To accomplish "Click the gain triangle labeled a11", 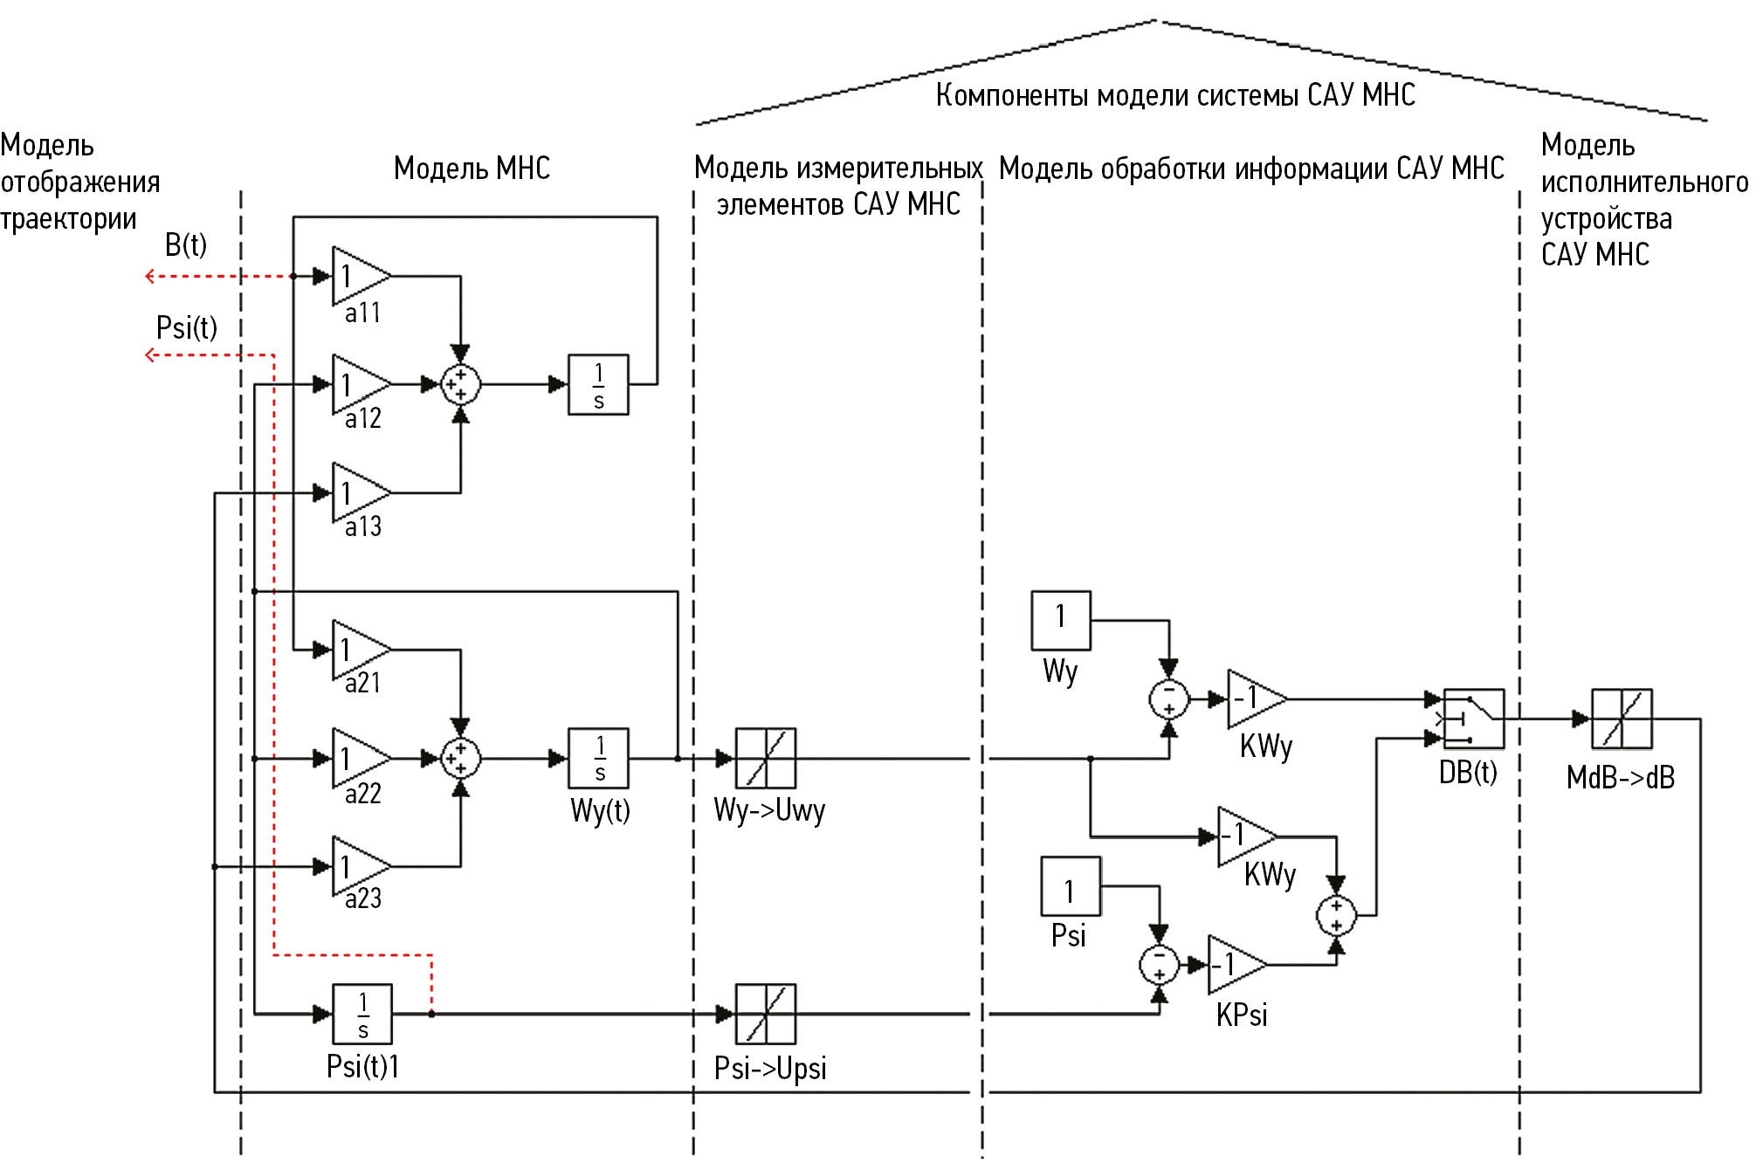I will pyautogui.click(x=358, y=276).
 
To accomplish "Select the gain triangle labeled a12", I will pyautogui.click(x=358, y=384).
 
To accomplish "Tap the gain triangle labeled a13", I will pyautogui.click(x=358, y=492).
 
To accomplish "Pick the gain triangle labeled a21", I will pyautogui.click(x=358, y=650).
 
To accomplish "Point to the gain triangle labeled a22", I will pyautogui.click(x=358, y=758).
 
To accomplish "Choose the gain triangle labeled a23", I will pyautogui.click(x=358, y=866).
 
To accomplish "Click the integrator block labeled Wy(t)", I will pyautogui.click(x=598, y=758).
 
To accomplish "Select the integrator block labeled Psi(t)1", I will pyautogui.click(x=362, y=1014).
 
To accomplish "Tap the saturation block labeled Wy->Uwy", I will pyautogui.click(x=766, y=758).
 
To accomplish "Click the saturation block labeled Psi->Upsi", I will pyautogui.click(x=766, y=1014).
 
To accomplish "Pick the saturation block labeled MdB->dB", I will pyautogui.click(x=1622, y=719).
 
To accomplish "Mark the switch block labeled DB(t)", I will pyautogui.click(x=1473, y=719).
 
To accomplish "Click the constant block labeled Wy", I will pyautogui.click(x=1061, y=620).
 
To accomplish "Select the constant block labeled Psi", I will pyautogui.click(x=1071, y=886).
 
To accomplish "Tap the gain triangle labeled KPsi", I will pyautogui.click(x=1233, y=965).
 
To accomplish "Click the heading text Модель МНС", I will pyautogui.click(x=472, y=168).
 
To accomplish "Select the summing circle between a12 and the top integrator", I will pyautogui.click(x=460, y=384).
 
